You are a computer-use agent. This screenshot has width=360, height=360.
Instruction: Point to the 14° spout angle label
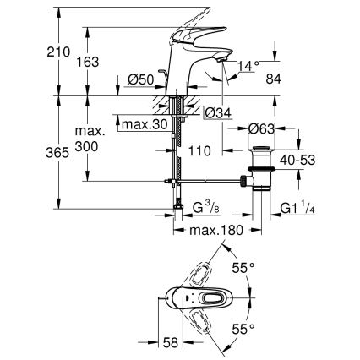tap(248, 63)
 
